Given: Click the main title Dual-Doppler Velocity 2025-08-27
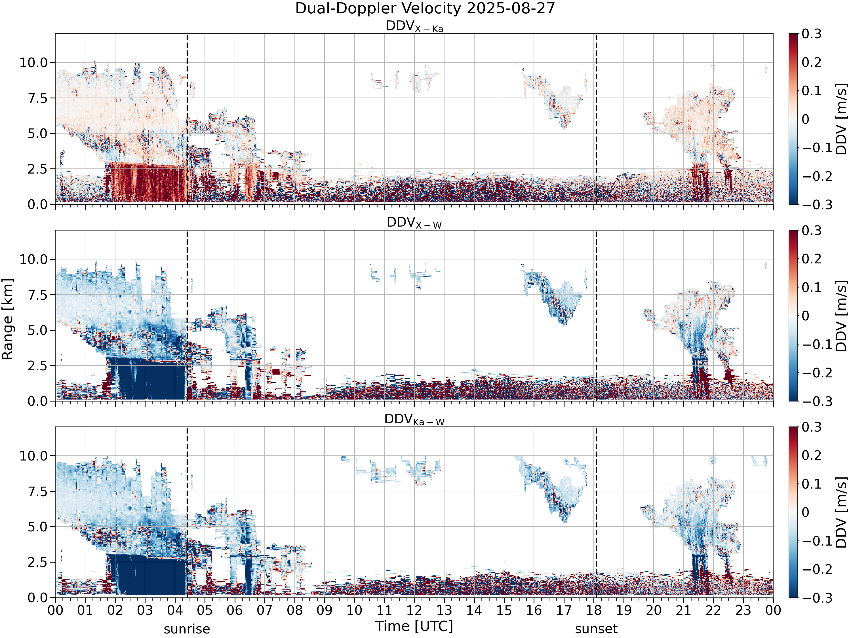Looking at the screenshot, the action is (x=425, y=9).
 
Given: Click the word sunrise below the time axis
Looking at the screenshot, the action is (x=187, y=629).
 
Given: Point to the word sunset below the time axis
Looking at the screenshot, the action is (x=596, y=629).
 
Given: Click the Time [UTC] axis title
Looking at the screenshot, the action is (x=414, y=626).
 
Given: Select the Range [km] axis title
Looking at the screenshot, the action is (x=8, y=319).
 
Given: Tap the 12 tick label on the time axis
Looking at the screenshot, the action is (x=414, y=610).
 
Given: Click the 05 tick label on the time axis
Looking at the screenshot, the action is (x=205, y=610).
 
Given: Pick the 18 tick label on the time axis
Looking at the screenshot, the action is (x=594, y=610).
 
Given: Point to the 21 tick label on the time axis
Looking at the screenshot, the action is (x=684, y=610).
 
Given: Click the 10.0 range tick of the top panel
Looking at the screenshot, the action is (x=33, y=63).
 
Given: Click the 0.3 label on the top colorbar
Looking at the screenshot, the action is (x=812, y=34).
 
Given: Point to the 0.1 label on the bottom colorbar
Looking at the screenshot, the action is (x=812, y=484).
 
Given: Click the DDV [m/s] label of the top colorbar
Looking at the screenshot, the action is (x=842, y=119).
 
